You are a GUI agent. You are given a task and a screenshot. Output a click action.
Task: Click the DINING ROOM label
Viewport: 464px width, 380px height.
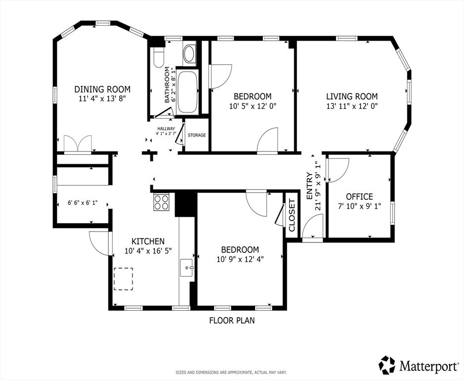(x=102, y=89)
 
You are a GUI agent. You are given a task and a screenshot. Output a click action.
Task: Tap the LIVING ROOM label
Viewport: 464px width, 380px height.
(x=352, y=96)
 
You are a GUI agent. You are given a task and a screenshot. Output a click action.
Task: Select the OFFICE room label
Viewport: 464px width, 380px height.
(x=359, y=196)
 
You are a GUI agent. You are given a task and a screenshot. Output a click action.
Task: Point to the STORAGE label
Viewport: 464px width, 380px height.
(x=196, y=135)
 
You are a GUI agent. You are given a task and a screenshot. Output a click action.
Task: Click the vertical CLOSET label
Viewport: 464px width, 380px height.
(x=292, y=215)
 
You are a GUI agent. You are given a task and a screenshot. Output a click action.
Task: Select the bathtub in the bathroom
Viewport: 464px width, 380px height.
(x=186, y=92)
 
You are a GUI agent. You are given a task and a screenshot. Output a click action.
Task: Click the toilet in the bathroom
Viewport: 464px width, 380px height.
(x=158, y=57)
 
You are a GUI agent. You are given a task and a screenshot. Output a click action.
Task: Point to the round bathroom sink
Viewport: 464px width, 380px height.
(x=189, y=53)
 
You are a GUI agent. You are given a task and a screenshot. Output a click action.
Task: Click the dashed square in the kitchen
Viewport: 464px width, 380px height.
(x=123, y=279)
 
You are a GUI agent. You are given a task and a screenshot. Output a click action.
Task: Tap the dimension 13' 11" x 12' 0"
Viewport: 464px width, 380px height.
(x=352, y=106)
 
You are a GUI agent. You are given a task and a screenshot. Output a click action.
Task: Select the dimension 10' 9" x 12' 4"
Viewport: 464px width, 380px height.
(x=240, y=259)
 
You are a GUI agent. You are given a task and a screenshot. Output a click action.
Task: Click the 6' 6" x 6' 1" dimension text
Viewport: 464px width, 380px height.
(x=83, y=202)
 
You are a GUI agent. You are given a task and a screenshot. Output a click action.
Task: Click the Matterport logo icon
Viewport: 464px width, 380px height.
(x=387, y=365)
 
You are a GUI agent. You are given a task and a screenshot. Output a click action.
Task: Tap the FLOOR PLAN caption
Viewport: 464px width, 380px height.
(x=232, y=320)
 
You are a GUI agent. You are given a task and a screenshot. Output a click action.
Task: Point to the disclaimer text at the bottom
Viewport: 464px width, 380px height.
(x=232, y=372)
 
